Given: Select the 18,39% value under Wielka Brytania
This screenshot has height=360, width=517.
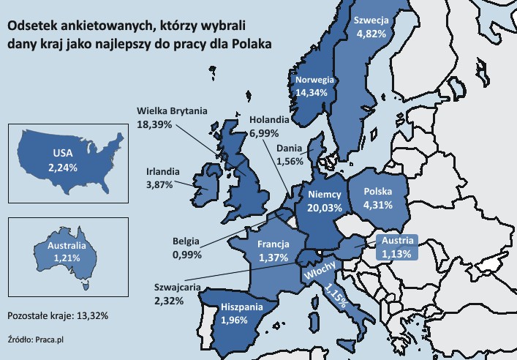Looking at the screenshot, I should pos(154,125).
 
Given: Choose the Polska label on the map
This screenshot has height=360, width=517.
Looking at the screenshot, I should pos(379,192).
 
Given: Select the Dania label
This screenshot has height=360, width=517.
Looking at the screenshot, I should pos(290,148).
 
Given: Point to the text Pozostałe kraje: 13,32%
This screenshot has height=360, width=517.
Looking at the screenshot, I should pos(58,315).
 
